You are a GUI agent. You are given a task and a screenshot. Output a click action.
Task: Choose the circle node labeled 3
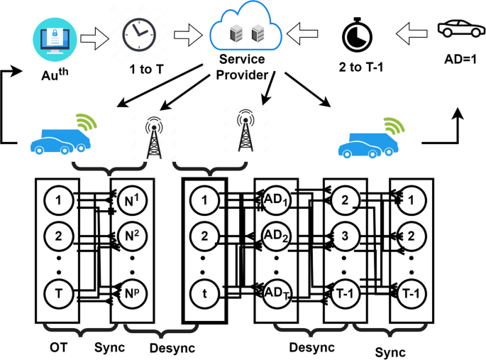click(344, 236)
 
